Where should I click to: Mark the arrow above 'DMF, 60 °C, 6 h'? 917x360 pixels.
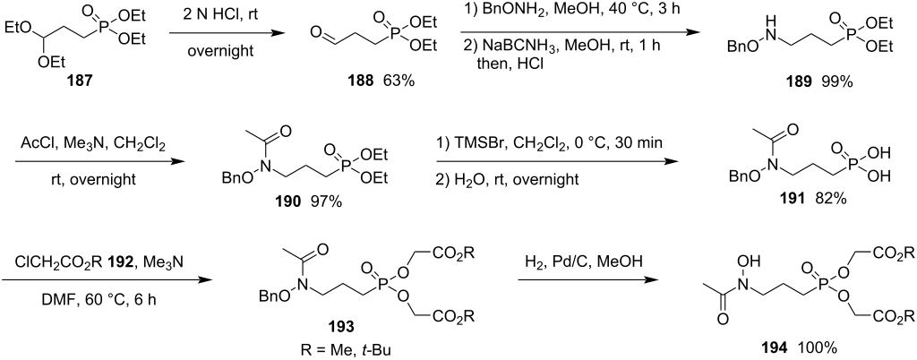pyautogui.click(x=107, y=280)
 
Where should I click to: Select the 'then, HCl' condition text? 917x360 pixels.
pyautogui.click(x=511, y=62)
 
